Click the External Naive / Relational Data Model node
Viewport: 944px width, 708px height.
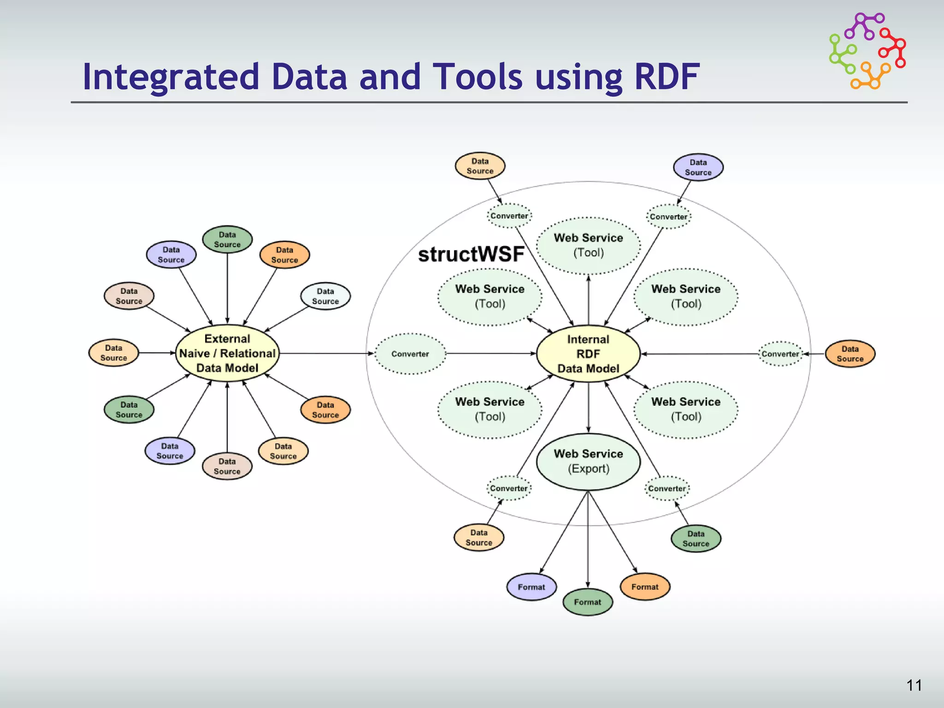coord(227,354)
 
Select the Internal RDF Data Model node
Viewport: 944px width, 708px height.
coord(588,354)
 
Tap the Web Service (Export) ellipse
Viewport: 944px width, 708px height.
coord(588,461)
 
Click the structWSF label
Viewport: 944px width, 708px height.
coord(471,254)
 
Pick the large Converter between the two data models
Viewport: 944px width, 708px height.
coord(410,354)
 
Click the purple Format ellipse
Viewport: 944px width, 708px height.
coord(531,587)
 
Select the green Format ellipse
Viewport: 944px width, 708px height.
coord(588,602)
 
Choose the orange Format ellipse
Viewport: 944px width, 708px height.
coord(645,587)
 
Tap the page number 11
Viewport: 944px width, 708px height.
coord(914,685)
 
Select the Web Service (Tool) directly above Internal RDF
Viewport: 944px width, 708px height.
coord(588,245)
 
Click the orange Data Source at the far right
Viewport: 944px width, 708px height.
coord(850,354)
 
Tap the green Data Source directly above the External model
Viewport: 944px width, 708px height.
coord(227,240)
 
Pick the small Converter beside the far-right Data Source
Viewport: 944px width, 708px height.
coord(780,354)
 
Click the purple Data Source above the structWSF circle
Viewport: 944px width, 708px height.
coord(698,167)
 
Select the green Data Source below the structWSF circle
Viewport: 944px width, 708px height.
coord(696,538)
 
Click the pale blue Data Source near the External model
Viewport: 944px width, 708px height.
coord(325,296)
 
